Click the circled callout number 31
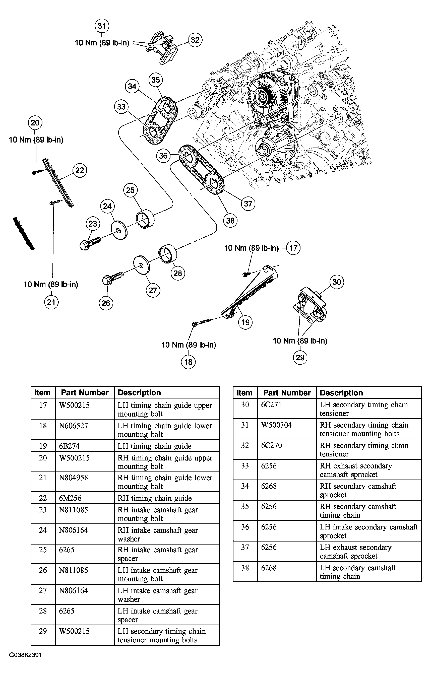click(x=102, y=26)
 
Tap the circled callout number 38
click(x=230, y=220)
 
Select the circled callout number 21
click(x=51, y=302)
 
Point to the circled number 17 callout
click(x=293, y=248)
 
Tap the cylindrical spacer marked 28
click(x=168, y=254)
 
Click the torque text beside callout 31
click(x=102, y=43)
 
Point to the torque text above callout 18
click(x=189, y=345)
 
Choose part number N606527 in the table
click(x=74, y=426)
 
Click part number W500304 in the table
click(x=276, y=425)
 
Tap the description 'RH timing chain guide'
click(x=154, y=498)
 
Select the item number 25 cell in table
click(x=43, y=550)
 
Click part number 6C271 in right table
click(x=271, y=404)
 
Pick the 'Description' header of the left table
click(x=139, y=392)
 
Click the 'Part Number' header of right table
click(x=287, y=393)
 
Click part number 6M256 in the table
click(x=70, y=498)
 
